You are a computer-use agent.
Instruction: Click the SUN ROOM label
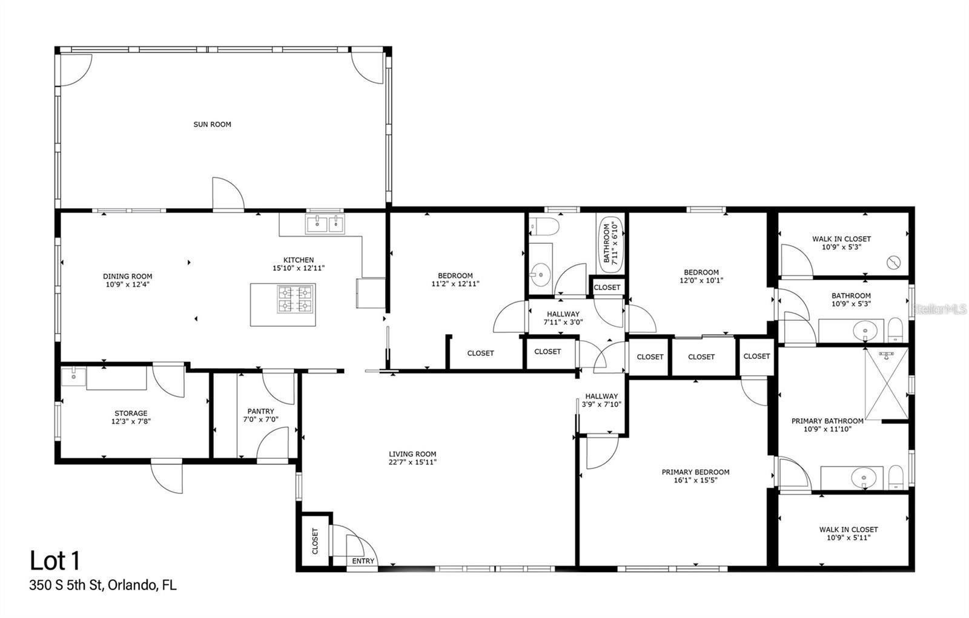point(212,124)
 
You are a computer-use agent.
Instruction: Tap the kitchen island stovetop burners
point(295,298)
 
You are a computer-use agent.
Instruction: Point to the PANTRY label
point(260,411)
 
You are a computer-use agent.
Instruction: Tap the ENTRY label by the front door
point(363,561)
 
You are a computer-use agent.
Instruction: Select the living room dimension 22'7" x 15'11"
point(412,462)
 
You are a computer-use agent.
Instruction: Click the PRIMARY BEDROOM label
point(695,472)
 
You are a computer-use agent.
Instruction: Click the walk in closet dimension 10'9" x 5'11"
point(848,537)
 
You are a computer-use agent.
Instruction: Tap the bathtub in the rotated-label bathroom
point(610,242)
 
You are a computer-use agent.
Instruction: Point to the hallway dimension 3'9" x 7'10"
point(601,404)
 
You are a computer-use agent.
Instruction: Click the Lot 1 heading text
point(55,561)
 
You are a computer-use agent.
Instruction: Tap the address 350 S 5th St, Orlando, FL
point(103,585)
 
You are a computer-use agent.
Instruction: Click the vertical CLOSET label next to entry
point(315,541)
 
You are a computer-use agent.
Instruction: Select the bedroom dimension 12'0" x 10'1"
point(701,280)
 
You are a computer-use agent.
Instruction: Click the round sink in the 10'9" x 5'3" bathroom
point(865,331)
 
